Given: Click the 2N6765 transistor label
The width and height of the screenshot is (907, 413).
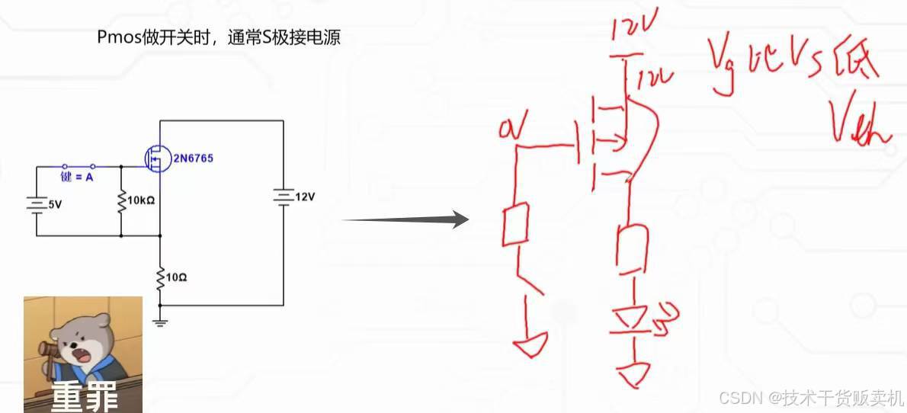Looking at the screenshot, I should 193,158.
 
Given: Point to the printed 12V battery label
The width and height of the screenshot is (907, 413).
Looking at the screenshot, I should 304,197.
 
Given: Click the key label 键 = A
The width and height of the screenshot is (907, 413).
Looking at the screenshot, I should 77,178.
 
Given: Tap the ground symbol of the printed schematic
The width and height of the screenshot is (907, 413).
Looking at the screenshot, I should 160,320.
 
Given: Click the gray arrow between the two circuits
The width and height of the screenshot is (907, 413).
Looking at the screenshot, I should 404,220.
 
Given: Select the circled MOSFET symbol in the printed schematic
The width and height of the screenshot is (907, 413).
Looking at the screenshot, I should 157,158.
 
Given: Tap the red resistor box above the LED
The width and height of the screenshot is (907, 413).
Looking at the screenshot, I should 633,248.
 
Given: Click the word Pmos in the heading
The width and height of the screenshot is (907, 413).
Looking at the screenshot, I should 116,37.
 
